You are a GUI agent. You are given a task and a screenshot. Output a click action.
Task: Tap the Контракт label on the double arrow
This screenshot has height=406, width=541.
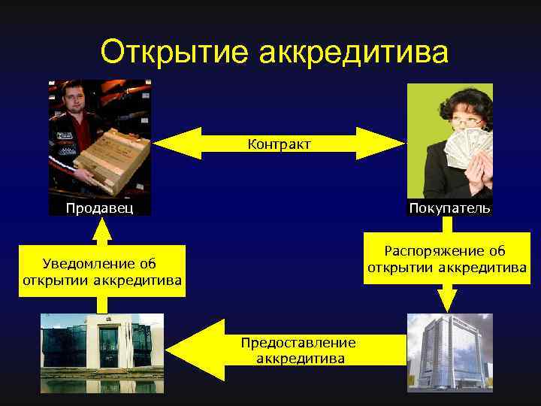click(279, 143)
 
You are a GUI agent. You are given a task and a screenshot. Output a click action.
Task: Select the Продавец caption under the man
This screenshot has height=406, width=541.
click(99, 208)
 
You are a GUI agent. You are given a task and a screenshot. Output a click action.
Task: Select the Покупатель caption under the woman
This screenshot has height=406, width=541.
click(450, 208)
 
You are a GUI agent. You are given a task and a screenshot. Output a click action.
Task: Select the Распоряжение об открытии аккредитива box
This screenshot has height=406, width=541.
click(446, 259)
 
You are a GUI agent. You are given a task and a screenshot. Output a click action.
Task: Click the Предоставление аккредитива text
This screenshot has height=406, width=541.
click(298, 350)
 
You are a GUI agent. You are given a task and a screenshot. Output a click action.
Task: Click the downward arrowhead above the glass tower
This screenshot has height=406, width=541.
click(448, 300)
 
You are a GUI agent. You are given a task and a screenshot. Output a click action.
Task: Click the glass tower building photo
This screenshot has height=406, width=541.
click(449, 353)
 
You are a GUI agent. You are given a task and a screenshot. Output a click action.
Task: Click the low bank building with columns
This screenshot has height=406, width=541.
click(101, 353)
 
